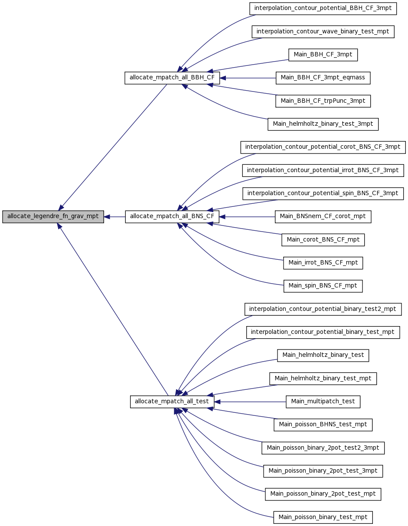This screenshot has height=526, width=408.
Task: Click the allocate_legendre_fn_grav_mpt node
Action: (53, 217)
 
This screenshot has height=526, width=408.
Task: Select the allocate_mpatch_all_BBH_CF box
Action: (172, 78)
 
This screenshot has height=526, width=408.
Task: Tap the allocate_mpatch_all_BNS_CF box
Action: (172, 217)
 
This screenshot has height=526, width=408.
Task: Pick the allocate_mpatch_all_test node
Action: (172, 402)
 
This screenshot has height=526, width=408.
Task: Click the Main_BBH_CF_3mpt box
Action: (323, 55)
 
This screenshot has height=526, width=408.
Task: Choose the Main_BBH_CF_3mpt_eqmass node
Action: (323, 78)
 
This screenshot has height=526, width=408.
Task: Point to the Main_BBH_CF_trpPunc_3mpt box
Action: (323, 101)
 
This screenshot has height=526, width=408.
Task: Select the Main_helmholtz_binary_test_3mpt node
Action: (323, 124)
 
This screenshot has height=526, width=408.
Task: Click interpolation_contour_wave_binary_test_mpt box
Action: (323, 32)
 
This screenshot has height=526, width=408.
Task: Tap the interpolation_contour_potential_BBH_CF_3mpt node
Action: (323, 9)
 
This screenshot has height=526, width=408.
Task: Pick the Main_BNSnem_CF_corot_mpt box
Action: (323, 217)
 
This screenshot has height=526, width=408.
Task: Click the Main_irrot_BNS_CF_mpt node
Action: (323, 263)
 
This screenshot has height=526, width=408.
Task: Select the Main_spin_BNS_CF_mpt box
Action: (323, 286)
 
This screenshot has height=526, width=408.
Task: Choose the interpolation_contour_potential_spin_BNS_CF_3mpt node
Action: (323, 194)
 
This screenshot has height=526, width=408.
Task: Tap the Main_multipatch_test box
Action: (323, 402)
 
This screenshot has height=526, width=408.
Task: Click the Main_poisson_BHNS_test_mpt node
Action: (323, 425)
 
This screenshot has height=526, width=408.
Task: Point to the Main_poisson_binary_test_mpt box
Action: (323, 517)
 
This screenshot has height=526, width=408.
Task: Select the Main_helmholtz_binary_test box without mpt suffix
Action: (323, 356)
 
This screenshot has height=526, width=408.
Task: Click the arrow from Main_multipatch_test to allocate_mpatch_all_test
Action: (250, 402)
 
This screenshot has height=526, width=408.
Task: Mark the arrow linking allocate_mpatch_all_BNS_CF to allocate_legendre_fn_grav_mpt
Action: (114, 217)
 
